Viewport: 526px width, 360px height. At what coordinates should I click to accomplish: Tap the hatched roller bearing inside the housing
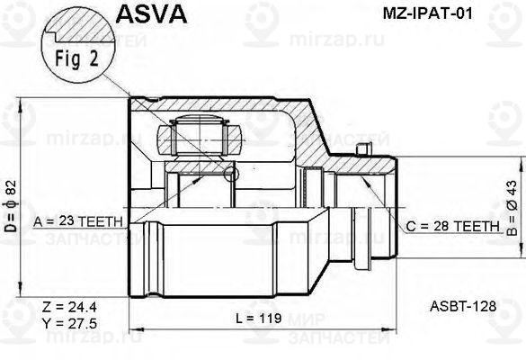[x=198, y=139]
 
